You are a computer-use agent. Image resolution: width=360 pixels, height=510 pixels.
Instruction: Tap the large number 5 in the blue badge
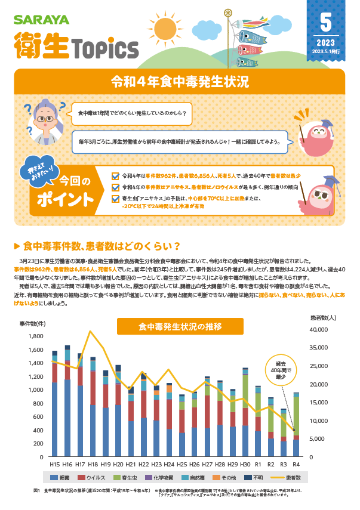click(x=325, y=22)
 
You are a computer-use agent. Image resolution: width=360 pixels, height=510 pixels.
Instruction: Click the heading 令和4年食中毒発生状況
click(x=180, y=82)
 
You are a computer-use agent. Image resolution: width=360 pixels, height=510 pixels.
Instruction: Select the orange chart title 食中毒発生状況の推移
click(x=180, y=326)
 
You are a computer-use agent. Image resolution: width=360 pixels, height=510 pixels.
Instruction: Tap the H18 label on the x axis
click(x=93, y=463)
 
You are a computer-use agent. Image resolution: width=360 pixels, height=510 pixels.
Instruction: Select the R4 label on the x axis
click(x=296, y=463)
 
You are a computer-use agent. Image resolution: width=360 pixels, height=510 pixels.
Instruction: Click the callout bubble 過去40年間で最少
click(x=280, y=370)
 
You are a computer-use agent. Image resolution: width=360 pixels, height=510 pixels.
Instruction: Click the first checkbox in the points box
click(x=116, y=176)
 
